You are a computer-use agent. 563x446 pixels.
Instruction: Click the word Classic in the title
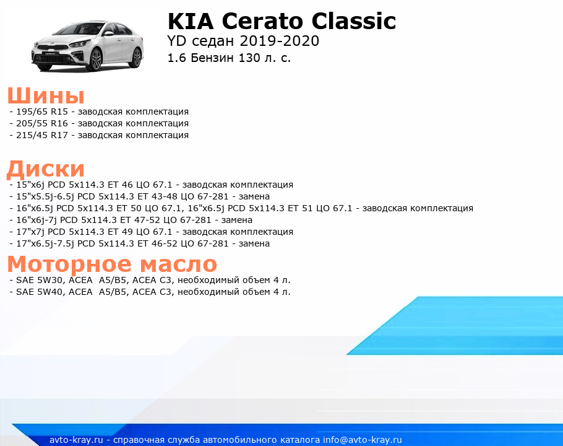click(354, 21)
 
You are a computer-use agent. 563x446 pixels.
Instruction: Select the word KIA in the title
click(191, 21)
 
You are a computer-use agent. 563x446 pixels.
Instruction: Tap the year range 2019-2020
click(280, 41)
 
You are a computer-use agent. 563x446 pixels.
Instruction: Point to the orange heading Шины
click(46, 96)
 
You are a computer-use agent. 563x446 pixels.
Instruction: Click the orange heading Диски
click(46, 169)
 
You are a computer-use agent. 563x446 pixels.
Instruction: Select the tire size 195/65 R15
click(42, 111)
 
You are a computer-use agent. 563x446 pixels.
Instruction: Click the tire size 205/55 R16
click(42, 124)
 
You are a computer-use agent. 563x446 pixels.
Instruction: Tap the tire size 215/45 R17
click(42, 136)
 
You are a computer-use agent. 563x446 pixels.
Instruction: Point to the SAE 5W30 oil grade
click(40, 281)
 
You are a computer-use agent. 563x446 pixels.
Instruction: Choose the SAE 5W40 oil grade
click(40, 292)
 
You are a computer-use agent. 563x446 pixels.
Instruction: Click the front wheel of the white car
click(97, 59)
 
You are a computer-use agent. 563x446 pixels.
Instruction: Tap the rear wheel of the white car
click(137, 58)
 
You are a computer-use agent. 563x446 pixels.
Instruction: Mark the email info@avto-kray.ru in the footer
click(363, 440)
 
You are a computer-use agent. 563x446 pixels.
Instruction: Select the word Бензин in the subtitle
click(212, 58)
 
